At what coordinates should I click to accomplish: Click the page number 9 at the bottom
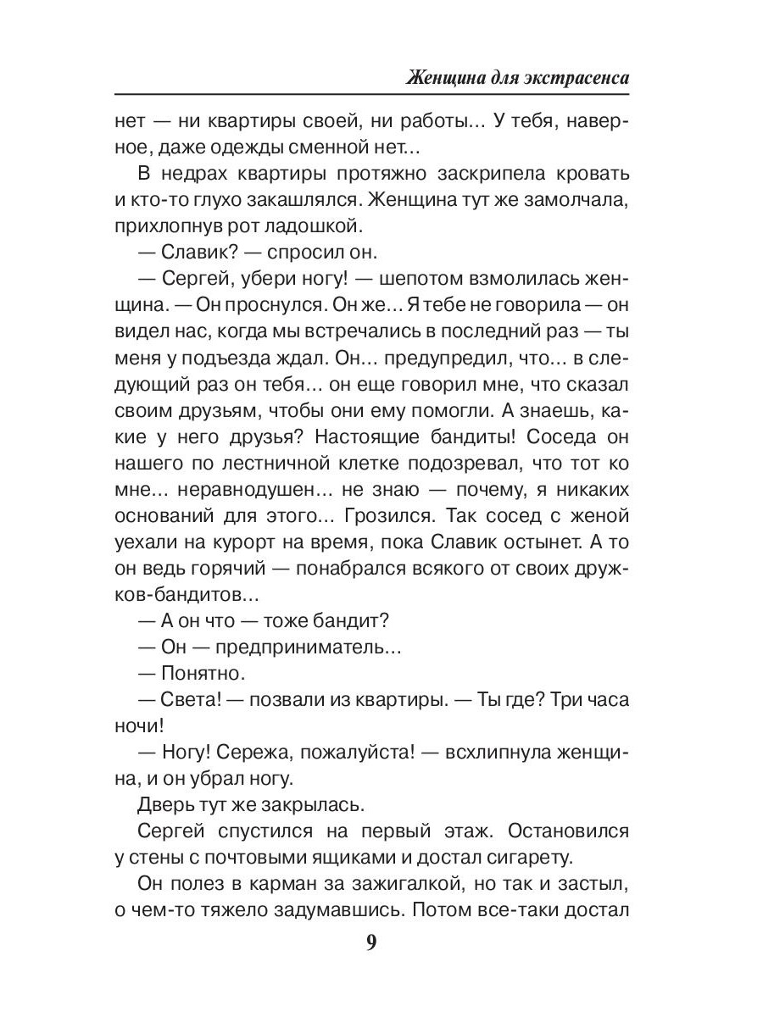tap(371, 944)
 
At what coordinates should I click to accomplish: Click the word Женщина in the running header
tap(442, 78)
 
